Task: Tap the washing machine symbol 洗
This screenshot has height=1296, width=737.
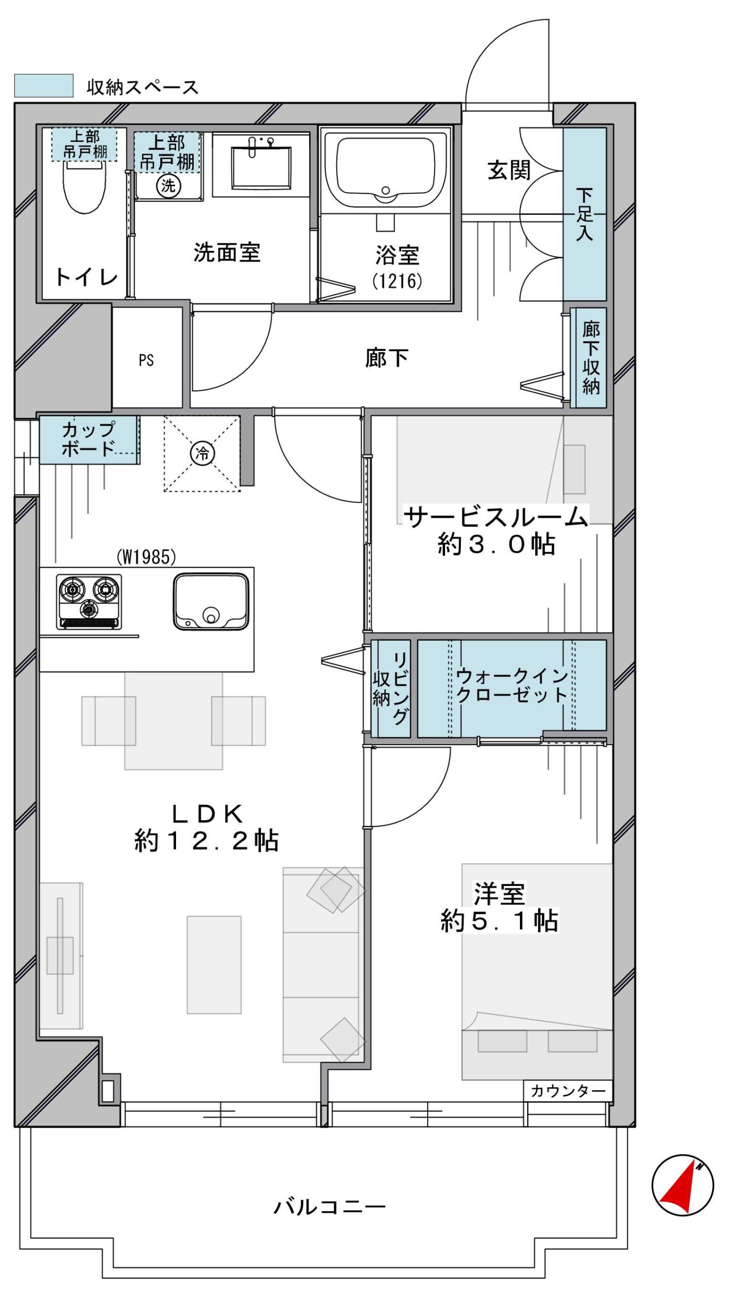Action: coord(168,186)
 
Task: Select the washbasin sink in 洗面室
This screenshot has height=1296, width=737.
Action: coord(261,168)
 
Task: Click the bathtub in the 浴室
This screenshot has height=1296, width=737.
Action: coord(386,167)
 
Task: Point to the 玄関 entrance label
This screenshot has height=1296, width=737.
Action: coord(509,170)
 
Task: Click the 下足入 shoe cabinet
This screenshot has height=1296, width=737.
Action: coord(585,214)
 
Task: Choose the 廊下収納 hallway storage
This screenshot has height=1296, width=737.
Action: coord(588,357)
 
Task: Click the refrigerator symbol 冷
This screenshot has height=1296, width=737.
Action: coord(202,453)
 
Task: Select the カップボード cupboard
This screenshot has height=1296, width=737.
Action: coord(89,439)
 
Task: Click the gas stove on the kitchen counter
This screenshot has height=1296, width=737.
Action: coord(89,601)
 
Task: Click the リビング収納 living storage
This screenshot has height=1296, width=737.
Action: coord(391,688)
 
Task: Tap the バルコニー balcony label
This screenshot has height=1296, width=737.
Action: coord(329,1207)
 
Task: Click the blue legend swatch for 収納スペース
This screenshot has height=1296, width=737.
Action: coord(44,86)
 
